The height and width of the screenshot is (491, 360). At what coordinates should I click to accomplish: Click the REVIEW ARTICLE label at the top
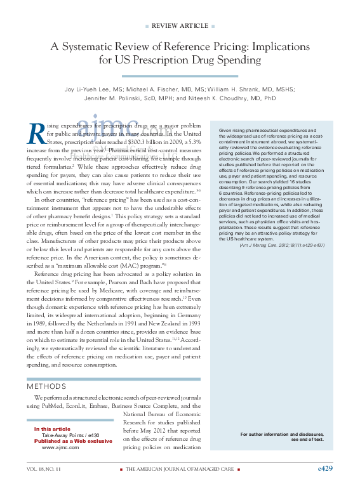click(x=180, y=25)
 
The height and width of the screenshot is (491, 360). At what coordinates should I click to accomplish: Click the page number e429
click(x=324, y=468)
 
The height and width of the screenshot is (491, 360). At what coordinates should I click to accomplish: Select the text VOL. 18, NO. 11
click(x=44, y=469)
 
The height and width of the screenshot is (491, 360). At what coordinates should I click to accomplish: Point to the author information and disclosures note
click(x=282, y=436)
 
